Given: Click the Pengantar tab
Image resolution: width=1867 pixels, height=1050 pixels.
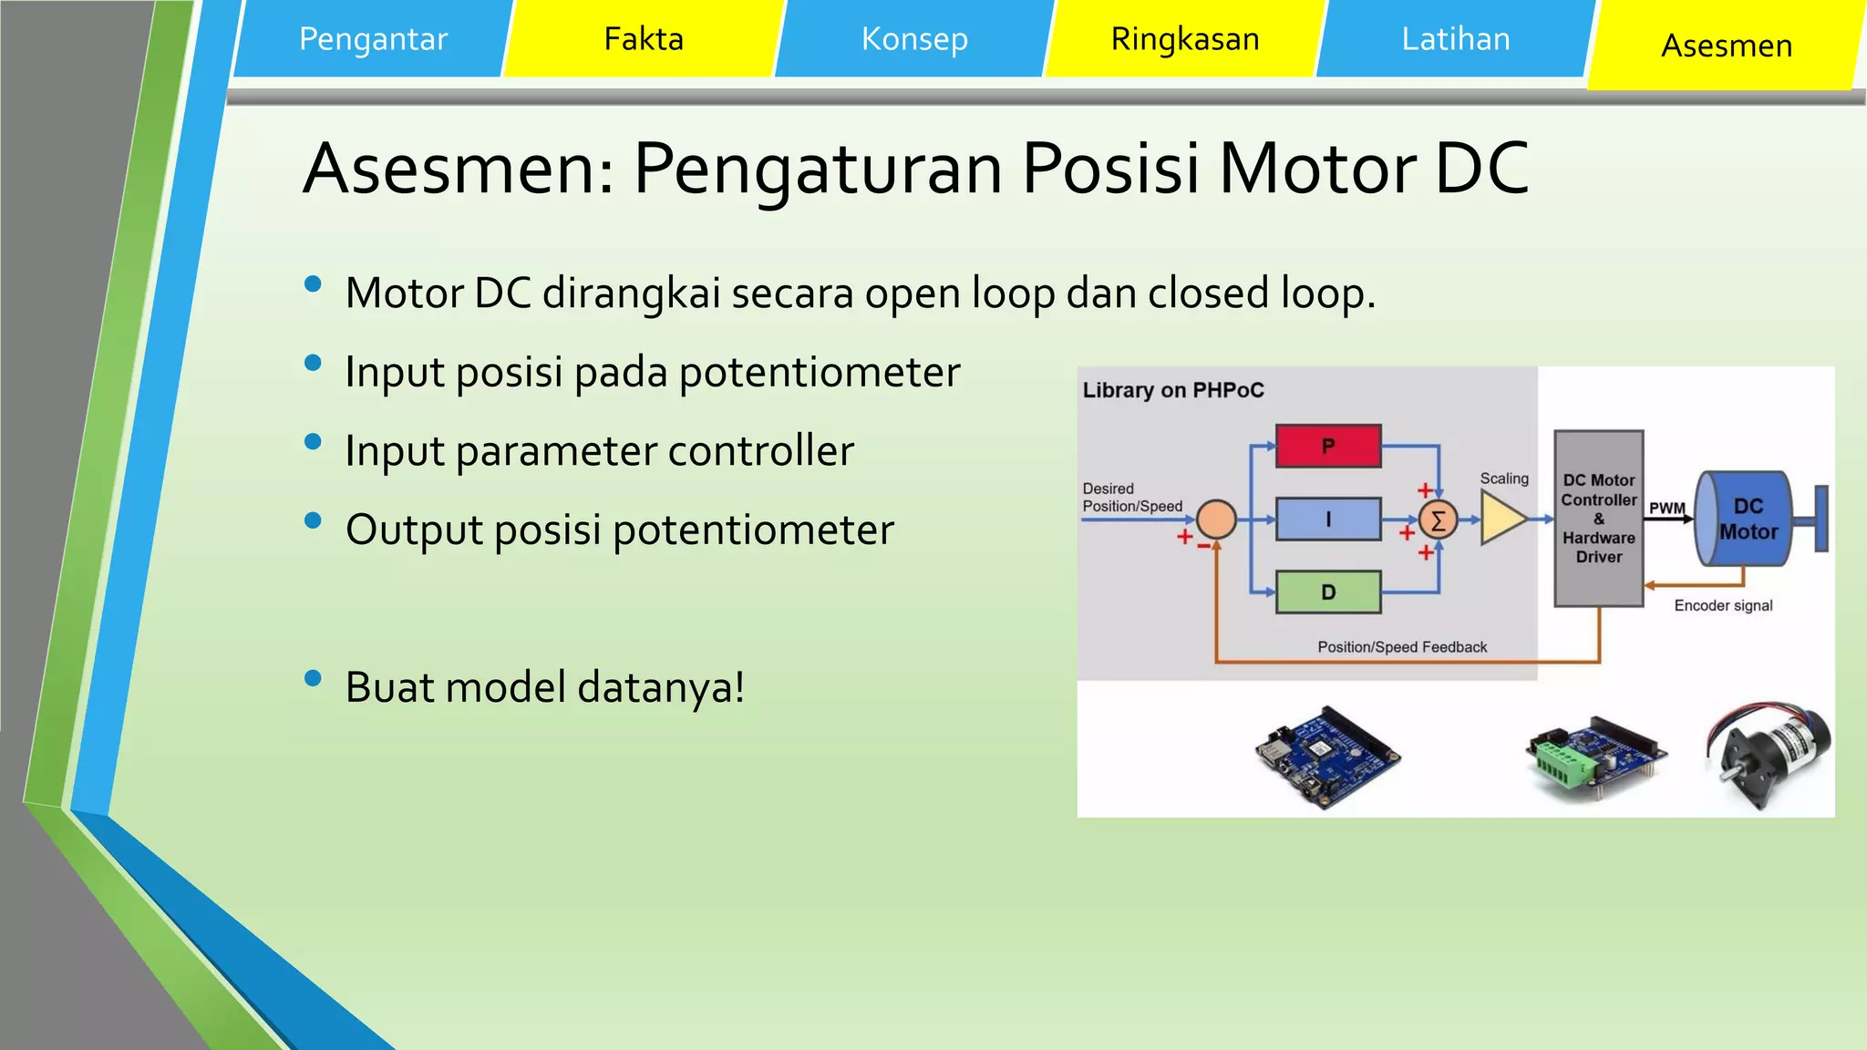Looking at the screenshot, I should coord(373,39).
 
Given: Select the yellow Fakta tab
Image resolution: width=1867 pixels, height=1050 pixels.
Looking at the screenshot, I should coord(644,39).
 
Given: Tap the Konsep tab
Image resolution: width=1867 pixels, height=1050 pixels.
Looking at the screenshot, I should coord(914,39).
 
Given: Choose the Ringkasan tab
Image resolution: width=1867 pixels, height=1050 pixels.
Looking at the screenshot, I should coord(1185,39).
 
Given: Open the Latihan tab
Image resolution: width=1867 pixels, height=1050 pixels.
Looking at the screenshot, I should coord(1455,39).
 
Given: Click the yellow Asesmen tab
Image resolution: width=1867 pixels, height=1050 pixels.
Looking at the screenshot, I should coord(1726,46).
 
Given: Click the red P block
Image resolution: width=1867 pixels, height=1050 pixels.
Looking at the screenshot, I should coord(1328,446).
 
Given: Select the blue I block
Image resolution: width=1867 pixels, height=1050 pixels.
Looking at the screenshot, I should coord(1328,520).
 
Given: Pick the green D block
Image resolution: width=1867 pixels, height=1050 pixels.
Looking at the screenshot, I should coord(1328,592).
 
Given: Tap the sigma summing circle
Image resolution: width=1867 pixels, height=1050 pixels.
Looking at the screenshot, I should coord(1438,520).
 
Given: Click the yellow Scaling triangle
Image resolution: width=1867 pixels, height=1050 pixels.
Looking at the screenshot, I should coord(1501,519).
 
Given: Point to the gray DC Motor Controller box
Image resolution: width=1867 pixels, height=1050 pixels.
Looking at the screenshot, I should coord(1598,519).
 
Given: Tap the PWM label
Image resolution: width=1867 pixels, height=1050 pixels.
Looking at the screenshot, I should coord(1666,508).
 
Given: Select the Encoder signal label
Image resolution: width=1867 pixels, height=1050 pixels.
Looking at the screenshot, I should coord(1723,605).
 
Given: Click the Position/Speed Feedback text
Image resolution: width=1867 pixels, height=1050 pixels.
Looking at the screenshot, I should coord(1402,647).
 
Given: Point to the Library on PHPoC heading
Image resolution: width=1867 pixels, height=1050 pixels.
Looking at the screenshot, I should coord(1173,390).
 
